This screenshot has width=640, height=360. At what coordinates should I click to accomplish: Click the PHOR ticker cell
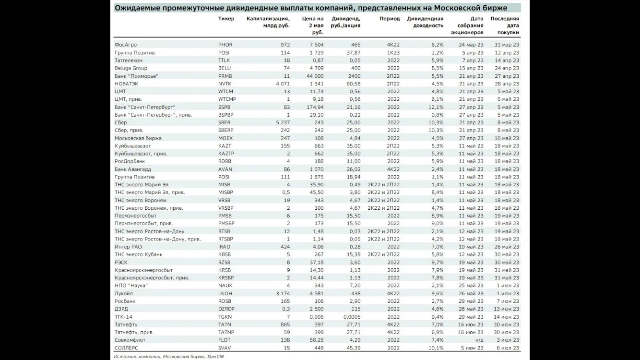225,45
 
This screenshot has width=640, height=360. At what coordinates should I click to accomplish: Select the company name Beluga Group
131,68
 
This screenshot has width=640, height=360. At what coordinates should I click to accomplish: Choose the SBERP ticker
225,131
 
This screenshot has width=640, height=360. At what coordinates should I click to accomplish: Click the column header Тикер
226,19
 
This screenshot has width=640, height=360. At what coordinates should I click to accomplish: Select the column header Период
390,19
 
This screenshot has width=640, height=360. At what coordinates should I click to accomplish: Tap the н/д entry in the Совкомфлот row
479,340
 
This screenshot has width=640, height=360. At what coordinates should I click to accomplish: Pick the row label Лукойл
124,294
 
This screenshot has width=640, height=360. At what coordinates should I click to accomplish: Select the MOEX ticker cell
225,138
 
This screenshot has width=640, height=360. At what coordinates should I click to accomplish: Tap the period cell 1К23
393,53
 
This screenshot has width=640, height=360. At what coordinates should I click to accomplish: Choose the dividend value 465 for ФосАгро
355,45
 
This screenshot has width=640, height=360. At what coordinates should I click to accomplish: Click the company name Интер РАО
128,247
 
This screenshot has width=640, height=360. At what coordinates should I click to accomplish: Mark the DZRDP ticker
227,309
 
